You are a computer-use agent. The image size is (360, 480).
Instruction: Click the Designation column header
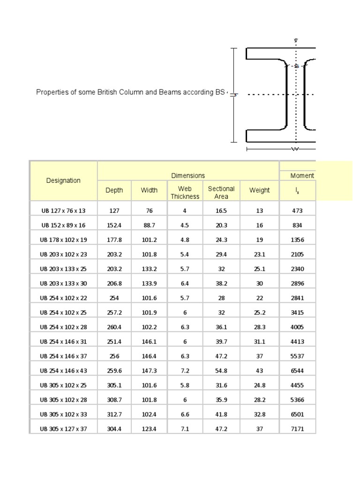click(x=63, y=180)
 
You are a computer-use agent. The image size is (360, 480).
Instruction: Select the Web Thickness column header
click(x=185, y=193)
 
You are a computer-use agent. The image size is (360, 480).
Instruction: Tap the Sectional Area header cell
click(x=221, y=193)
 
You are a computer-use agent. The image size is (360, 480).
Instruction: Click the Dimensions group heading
click(x=188, y=175)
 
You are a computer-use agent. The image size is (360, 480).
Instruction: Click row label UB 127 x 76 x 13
click(x=63, y=211)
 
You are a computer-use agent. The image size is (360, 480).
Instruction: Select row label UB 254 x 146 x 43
click(x=63, y=371)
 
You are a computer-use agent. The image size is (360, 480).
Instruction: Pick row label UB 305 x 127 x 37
click(x=63, y=429)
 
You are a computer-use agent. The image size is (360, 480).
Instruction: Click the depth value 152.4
click(x=114, y=225)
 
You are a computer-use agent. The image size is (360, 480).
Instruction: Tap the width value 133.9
click(x=149, y=284)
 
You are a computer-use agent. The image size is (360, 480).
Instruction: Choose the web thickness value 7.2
click(x=185, y=371)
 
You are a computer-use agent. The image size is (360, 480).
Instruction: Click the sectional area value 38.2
click(x=221, y=284)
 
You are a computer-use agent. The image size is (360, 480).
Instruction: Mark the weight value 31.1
click(x=259, y=342)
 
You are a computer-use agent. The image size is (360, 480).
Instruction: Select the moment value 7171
click(x=297, y=429)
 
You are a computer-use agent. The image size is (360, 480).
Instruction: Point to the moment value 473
click(x=297, y=211)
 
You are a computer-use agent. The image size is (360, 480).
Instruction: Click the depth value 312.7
click(x=114, y=414)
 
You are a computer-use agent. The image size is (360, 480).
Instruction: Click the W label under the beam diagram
click(x=295, y=150)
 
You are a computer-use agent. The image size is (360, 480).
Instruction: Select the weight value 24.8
click(x=259, y=385)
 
